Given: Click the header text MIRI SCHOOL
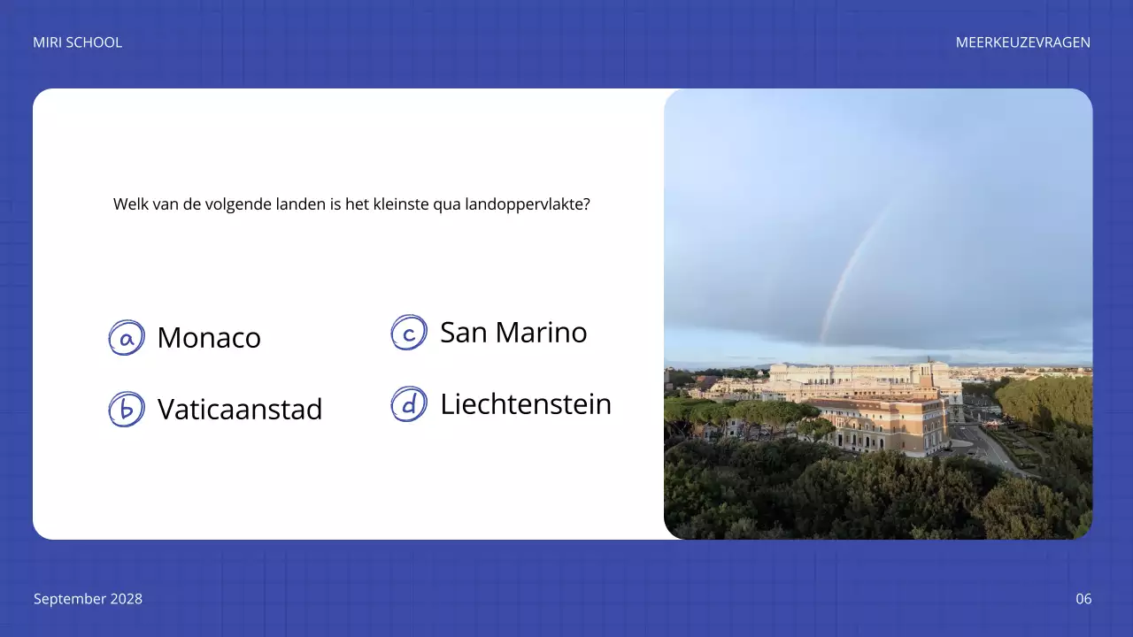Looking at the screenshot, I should (x=77, y=42).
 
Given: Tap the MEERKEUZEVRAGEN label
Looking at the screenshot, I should (x=1022, y=42).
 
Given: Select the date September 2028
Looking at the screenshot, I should (x=88, y=599).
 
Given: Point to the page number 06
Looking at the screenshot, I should (x=1083, y=599).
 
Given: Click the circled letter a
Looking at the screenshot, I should (x=127, y=338).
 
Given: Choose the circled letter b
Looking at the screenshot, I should (x=127, y=410).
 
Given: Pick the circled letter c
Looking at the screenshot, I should (x=409, y=333).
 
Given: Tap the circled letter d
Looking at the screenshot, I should (x=409, y=404).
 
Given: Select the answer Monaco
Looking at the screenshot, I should (x=209, y=338).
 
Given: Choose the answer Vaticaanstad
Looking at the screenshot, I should (x=240, y=410).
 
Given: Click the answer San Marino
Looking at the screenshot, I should (x=513, y=333).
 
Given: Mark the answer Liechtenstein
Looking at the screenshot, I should (x=526, y=404).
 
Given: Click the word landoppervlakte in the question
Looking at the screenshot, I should (x=527, y=204).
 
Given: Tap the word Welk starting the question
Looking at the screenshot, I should (x=129, y=204).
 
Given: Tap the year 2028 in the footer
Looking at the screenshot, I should (x=126, y=599).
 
